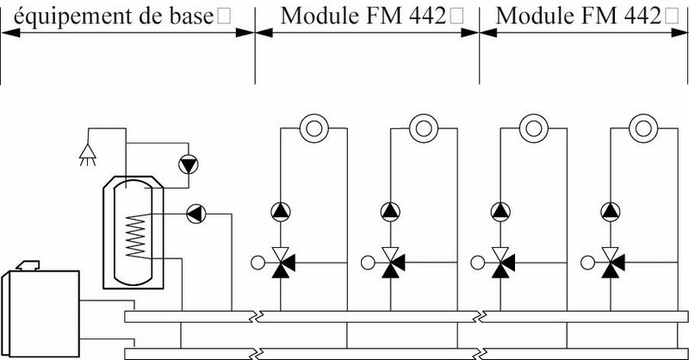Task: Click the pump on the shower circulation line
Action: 187,164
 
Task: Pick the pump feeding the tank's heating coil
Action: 196,213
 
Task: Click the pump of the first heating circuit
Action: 282,210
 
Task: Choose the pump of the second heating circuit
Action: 390,210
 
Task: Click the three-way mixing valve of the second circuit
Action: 390,262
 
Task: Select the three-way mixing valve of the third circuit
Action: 500,262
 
